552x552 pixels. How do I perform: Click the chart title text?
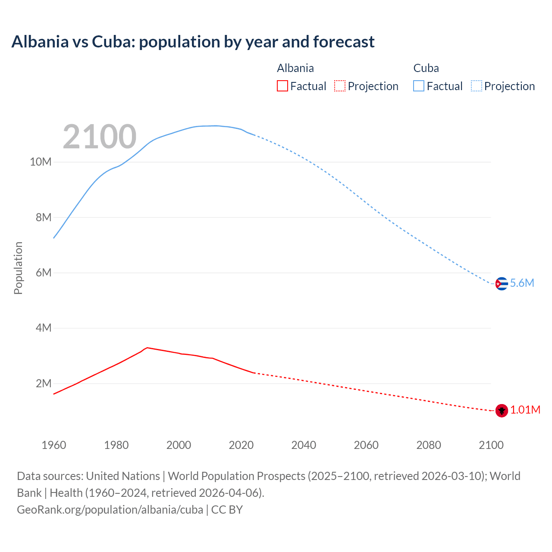pos(193,42)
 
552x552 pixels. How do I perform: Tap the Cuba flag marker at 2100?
pos(501,284)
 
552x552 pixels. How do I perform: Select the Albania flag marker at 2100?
pos(502,411)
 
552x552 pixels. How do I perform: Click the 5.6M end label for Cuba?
pos(522,283)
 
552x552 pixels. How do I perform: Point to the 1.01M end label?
pos(525,410)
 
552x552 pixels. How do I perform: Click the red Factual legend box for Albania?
pos(282,86)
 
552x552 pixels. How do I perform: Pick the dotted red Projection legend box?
pos(340,86)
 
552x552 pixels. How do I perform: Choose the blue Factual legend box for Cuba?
pos(418,86)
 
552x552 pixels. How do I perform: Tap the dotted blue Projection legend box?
pos(477,86)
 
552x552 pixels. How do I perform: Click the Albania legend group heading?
pos(295,68)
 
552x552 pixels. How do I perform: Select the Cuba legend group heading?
pos(426,68)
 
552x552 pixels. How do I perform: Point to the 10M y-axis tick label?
pos(41,162)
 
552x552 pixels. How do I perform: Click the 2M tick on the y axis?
pos(43,383)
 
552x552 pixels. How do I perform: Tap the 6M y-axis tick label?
pos(43,273)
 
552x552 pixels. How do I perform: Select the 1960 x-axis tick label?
pos(54,445)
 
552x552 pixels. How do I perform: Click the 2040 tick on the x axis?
pos(304,445)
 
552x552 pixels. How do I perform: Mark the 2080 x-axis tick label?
pos(429,445)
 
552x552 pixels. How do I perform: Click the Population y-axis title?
pos(18,268)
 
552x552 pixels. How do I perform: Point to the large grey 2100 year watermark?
pos(100,137)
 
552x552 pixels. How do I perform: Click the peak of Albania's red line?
pos(147,348)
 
